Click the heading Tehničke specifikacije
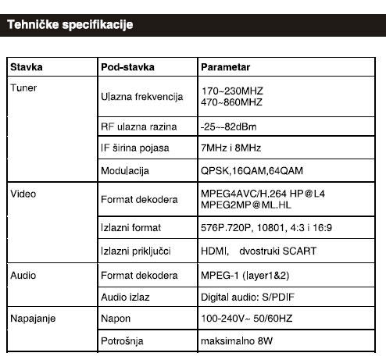tap(70, 26)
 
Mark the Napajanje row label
tap(33, 319)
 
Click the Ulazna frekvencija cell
tap(141, 98)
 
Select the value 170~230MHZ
tap(231, 91)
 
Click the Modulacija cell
tap(125, 170)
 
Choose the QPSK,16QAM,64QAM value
tap(247, 170)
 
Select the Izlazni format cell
tap(130, 228)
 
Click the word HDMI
tap(214, 251)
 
